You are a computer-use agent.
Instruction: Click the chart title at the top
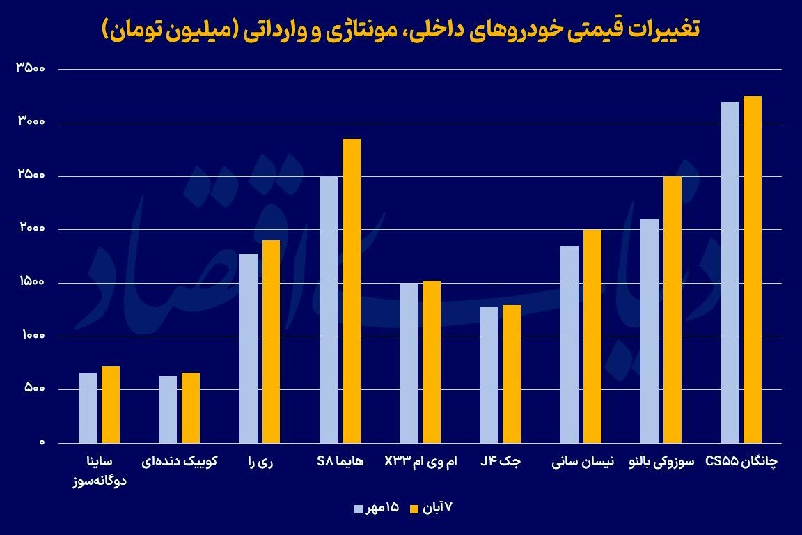[x=401, y=30]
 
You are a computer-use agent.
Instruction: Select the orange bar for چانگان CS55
[x=753, y=270]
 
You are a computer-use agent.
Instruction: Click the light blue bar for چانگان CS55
[x=730, y=272]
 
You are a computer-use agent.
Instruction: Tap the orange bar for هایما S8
[x=351, y=290]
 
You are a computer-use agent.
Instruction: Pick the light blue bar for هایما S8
[x=328, y=309]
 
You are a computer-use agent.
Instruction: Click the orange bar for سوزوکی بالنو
[x=673, y=309]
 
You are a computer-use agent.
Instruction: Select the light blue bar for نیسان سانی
[x=569, y=344]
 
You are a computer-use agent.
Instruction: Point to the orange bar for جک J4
[x=512, y=374]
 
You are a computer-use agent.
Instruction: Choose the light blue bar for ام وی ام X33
[x=409, y=363]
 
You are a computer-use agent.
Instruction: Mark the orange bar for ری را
[x=271, y=341]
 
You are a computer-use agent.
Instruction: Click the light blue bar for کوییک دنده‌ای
[x=168, y=410]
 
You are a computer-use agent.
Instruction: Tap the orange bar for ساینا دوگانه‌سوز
[x=111, y=405]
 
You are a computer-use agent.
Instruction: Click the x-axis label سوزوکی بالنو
[x=661, y=461]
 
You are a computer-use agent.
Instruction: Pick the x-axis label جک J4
[x=501, y=461]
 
